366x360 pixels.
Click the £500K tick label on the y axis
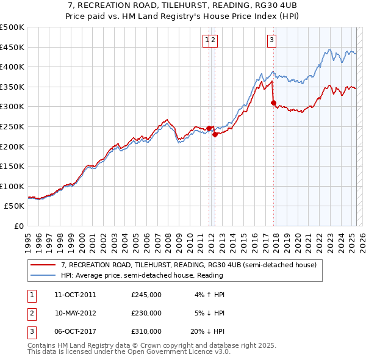[x=12, y=27]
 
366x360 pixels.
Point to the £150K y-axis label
[x=12, y=167]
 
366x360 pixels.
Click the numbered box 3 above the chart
[x=271, y=41]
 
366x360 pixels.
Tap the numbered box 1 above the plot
[x=207, y=41]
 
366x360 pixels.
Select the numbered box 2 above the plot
[x=214, y=41]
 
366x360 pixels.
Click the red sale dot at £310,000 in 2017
[x=273, y=103]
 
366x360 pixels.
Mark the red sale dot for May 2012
[x=215, y=135]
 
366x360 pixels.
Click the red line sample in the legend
[x=42, y=265]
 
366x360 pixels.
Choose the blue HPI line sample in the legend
[x=42, y=275]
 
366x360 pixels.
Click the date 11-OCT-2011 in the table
[x=75, y=295]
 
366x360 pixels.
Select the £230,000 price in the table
[x=146, y=313]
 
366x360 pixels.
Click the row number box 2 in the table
[x=31, y=313]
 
